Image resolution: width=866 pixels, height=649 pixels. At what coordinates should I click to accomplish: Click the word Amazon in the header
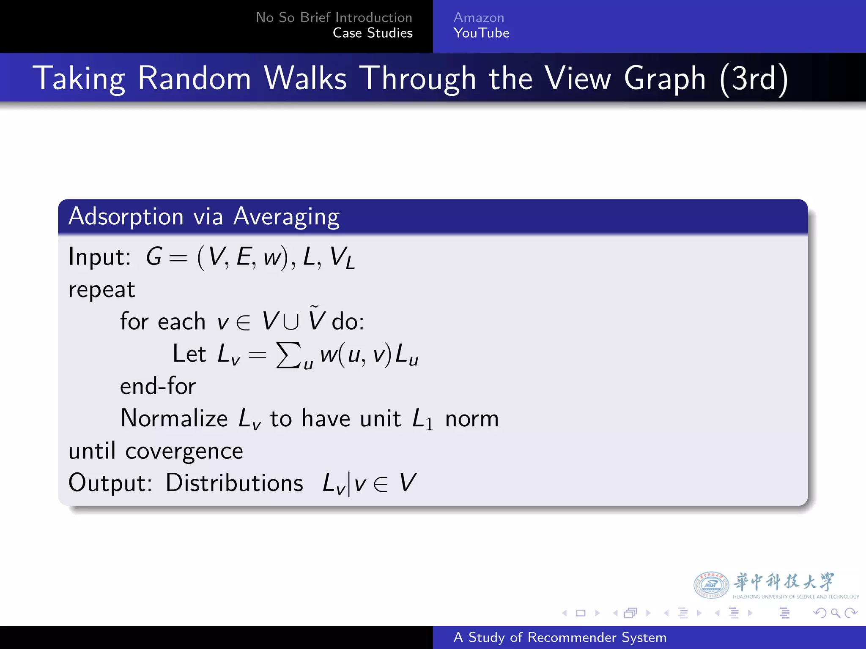[479, 18]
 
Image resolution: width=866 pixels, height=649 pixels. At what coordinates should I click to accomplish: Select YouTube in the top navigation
[481, 33]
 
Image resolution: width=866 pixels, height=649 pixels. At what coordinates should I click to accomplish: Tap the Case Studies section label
[373, 33]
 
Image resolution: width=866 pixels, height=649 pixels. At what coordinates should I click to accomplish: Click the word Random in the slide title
[195, 79]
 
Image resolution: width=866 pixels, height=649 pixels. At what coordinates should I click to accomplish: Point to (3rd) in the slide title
[754, 79]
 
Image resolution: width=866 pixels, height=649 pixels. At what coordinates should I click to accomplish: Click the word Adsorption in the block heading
[126, 217]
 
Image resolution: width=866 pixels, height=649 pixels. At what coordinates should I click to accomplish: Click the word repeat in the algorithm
[101, 290]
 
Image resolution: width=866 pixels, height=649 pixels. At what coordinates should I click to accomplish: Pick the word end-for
[158, 386]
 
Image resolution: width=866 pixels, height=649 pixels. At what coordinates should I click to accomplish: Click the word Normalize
[174, 419]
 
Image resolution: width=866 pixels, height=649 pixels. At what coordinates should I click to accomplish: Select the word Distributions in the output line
[234, 483]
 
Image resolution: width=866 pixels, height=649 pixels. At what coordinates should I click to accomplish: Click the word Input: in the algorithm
[100, 257]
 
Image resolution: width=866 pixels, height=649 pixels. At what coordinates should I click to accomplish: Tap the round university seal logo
[711, 585]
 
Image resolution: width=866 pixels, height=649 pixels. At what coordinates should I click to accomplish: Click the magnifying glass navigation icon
[835, 613]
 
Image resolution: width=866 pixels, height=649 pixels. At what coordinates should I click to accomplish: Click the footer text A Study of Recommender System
[560, 637]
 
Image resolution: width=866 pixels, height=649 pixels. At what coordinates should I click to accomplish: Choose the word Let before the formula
[189, 354]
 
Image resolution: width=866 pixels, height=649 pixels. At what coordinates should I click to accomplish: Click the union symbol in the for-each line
[291, 322]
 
